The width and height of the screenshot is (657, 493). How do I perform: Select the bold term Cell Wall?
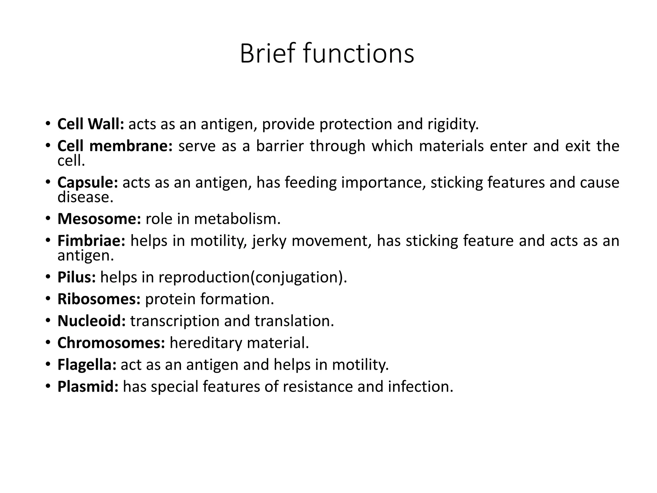[x=90, y=124]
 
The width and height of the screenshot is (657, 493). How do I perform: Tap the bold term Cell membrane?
[x=115, y=146]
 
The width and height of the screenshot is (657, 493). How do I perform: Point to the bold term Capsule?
[x=88, y=183]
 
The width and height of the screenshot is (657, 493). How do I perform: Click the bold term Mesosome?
[x=99, y=219]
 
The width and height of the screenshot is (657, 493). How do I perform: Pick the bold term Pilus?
[x=76, y=277]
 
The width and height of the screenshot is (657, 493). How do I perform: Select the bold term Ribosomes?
[x=99, y=299]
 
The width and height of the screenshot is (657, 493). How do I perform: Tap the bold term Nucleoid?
[x=91, y=321]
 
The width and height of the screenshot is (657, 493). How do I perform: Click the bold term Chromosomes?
[x=111, y=343]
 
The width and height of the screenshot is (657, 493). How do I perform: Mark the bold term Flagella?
[x=87, y=365]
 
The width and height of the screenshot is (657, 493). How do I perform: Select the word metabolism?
[x=237, y=219]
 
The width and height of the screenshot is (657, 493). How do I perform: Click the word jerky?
[x=269, y=241]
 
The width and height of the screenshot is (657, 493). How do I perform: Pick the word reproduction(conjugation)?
[x=253, y=277]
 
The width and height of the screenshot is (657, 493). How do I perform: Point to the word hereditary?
[x=206, y=343]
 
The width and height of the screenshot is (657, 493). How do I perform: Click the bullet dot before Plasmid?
[x=48, y=386]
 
